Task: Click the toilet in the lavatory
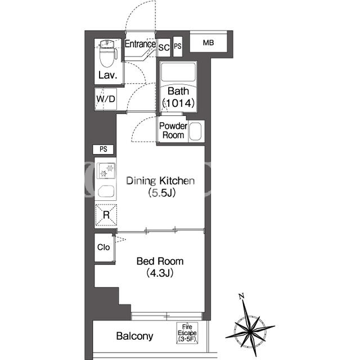pos(108,53)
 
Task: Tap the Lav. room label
pos(107,75)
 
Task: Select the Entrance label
pos(140,44)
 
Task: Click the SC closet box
pos(164,47)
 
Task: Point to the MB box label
pos(208,43)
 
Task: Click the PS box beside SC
pos(178,46)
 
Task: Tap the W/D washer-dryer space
pos(106,99)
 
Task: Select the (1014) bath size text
pos(178,103)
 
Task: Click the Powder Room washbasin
pos(195,131)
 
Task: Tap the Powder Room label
pos(173,130)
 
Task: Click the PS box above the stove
pos(103,149)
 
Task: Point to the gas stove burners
pos(106,171)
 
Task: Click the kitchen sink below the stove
pos(106,191)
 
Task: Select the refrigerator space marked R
pos(106,215)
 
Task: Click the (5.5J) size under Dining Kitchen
pos(162,193)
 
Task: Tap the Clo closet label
pos(103,247)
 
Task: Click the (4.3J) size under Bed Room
pos(160,273)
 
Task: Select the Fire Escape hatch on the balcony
pos(187,333)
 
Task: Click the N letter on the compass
pos(241,296)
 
